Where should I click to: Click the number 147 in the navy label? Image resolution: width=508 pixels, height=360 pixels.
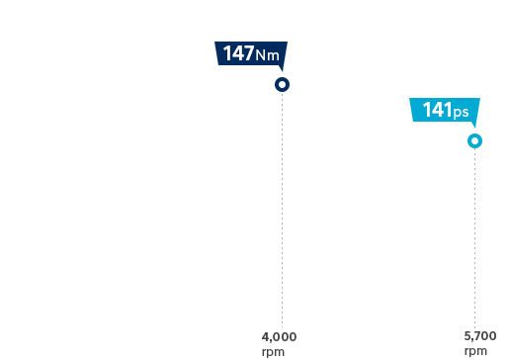click(238, 54)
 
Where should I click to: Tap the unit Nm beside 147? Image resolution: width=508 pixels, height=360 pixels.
click(267, 55)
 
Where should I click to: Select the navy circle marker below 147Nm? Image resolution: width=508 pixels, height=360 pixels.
click(283, 85)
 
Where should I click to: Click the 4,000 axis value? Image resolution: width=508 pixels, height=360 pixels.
click(279, 337)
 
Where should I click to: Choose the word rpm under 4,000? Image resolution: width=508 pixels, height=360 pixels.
click(274, 351)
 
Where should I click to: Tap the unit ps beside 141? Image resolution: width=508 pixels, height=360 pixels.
click(461, 113)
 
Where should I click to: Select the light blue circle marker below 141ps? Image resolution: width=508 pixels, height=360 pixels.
click(475, 141)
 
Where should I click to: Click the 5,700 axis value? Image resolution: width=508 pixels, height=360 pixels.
click(479, 337)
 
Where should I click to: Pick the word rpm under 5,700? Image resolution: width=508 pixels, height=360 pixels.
click(475, 351)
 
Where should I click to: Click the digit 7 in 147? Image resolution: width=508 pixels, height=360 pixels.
click(248, 54)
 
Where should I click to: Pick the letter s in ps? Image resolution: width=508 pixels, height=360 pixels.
click(465, 113)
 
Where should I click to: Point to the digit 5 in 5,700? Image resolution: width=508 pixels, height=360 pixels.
click(466, 337)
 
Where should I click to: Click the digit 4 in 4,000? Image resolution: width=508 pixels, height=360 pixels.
click(265, 337)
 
